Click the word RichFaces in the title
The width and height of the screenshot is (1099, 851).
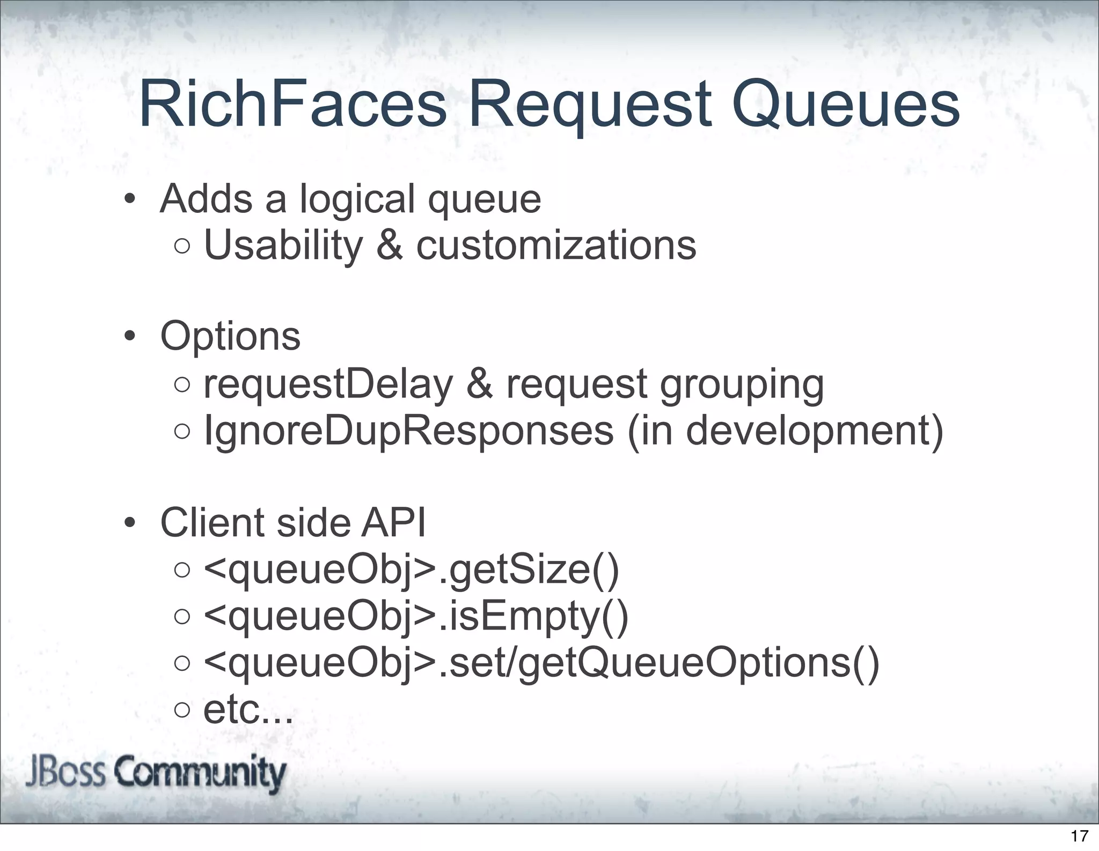tap(292, 104)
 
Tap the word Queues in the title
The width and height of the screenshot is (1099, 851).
tap(846, 105)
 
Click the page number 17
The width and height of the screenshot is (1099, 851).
tap(1079, 835)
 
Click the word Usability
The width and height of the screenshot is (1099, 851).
tap(283, 246)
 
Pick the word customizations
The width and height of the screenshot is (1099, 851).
tap(556, 246)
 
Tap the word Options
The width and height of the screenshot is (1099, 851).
tap(230, 337)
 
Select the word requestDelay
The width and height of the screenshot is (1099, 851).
tap(328, 384)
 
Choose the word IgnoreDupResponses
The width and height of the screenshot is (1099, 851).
tap(408, 431)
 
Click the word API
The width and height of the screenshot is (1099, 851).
tap(393, 523)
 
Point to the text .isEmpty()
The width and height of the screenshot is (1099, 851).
tap(533, 617)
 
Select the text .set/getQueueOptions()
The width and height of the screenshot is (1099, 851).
tap(658, 663)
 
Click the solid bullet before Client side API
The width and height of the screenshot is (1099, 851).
tap(129, 523)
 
